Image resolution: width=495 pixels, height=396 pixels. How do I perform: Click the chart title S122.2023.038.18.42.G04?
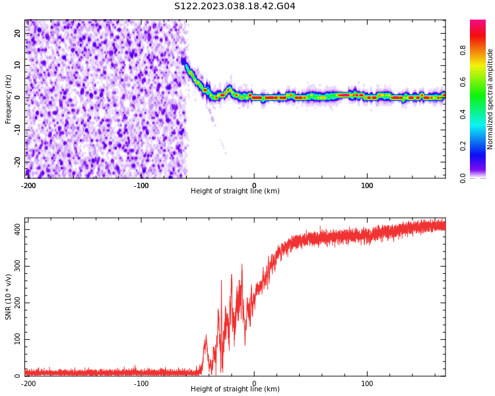(x=234, y=7)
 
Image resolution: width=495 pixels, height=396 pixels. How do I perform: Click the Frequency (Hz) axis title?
(x=9, y=99)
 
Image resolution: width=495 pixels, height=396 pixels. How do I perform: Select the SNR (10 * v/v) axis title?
(x=9, y=297)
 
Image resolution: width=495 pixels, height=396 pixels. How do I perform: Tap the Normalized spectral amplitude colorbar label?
(x=490, y=99)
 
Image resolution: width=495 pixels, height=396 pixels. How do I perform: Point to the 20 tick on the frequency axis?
(x=18, y=34)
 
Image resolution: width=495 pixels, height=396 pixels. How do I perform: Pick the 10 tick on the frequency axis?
(x=18, y=65)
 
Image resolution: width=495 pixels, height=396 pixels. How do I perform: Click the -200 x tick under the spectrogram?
(x=28, y=185)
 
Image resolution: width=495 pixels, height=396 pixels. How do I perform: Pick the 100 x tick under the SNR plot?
(x=367, y=383)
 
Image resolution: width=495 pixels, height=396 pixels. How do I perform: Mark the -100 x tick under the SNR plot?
(x=141, y=383)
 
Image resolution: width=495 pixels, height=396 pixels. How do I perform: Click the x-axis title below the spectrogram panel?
(x=235, y=191)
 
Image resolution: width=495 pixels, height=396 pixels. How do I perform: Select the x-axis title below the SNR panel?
(x=235, y=389)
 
